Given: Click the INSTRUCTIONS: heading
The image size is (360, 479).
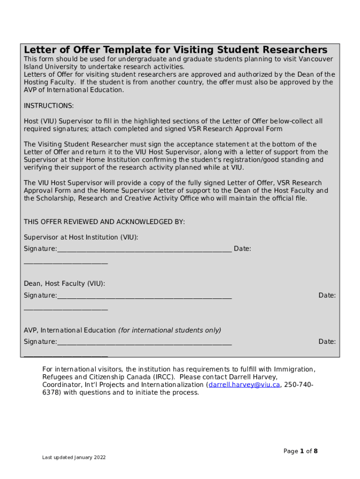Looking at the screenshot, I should pyautogui.click(x=49, y=106).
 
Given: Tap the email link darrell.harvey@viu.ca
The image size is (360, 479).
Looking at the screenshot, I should pyautogui.click(x=244, y=385).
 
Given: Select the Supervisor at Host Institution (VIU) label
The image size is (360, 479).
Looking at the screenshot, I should pyautogui.click(x=81, y=237).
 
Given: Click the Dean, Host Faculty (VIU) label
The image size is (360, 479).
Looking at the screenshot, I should pyautogui.click(x=65, y=283).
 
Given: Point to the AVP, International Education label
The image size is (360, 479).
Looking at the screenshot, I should pyautogui.click(x=70, y=330).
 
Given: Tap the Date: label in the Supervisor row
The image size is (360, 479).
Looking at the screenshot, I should pyautogui.click(x=242, y=249).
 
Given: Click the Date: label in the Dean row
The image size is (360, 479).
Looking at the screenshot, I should pyautogui.click(x=327, y=296).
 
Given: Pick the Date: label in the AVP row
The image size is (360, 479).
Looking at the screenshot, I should pyautogui.click(x=327, y=342).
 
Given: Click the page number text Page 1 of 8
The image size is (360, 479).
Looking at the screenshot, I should pyautogui.click(x=301, y=451).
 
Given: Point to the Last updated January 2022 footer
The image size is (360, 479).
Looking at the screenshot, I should pyautogui.click(x=73, y=457).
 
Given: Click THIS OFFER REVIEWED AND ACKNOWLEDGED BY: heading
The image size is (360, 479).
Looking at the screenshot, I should pyautogui.click(x=104, y=222).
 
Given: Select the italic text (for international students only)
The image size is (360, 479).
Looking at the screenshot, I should pyautogui.click(x=169, y=330).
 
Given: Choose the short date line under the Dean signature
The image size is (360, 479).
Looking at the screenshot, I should pyautogui.click(x=66, y=310).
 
